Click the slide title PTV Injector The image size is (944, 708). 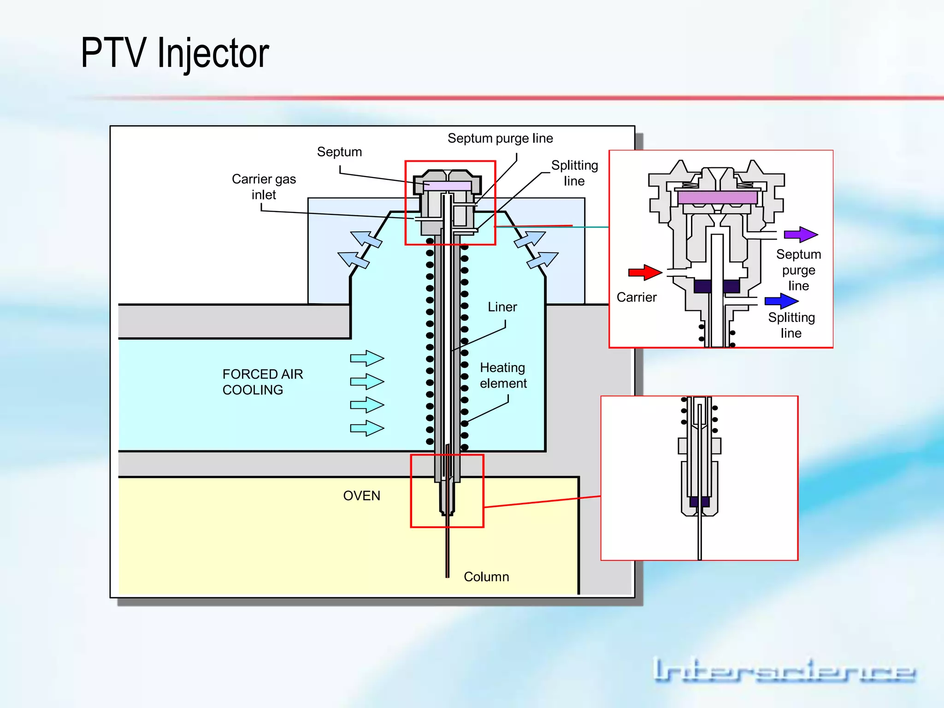point(175,53)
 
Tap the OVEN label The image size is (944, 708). point(361,496)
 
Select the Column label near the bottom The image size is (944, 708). point(486,577)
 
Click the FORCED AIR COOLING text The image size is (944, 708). point(262,382)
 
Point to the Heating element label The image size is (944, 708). point(503,376)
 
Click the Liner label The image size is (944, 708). point(502,307)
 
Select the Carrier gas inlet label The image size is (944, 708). point(264,187)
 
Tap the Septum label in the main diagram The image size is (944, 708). point(339,152)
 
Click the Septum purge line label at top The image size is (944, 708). point(500,138)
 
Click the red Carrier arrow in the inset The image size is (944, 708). point(645,272)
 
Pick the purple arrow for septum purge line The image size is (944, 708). point(801,235)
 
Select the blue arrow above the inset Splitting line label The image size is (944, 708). point(781,301)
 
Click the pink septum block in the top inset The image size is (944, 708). point(717,198)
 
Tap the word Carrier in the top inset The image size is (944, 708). point(636,298)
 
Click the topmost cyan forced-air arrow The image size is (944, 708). point(367,358)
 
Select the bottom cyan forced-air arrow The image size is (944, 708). point(367,428)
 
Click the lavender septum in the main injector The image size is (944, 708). point(447,186)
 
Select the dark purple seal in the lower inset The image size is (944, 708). point(699,501)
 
